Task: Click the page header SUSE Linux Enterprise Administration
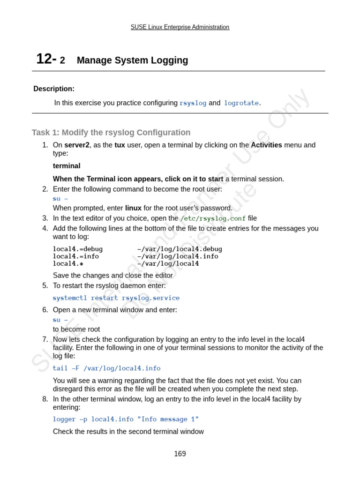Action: point(180,27)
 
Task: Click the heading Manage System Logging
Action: point(132,60)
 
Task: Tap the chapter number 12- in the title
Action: point(46,60)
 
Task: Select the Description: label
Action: point(54,89)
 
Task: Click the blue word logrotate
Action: point(241,103)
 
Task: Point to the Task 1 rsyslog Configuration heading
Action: point(111,133)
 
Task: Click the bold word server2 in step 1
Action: point(76,145)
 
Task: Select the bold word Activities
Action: point(266,145)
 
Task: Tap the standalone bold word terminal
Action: point(67,166)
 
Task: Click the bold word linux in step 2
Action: point(133,208)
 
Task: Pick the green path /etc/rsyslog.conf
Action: point(213,218)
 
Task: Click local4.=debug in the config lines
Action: point(78,249)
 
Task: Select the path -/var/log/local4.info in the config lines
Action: point(178,256)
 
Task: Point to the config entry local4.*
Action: point(68,263)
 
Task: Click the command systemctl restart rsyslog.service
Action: point(116,298)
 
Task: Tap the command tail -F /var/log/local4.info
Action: point(106,368)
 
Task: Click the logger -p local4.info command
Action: point(126,419)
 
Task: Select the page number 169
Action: point(180,454)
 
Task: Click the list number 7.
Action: point(45,339)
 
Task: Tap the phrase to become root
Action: point(76,330)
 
